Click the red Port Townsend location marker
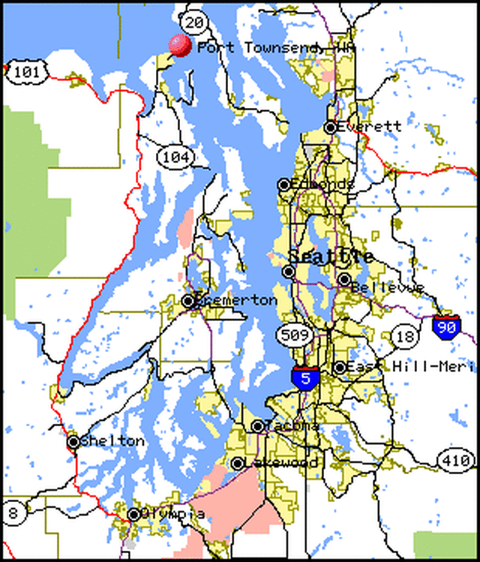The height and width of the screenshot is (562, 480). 180,45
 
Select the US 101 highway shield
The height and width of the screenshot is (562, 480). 27,73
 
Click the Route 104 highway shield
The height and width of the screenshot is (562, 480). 175,157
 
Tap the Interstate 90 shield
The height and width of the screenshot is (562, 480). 447,327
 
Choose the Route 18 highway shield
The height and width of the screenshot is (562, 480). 406,335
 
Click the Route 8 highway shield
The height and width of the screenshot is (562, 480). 13,514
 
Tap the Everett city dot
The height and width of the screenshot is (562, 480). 331,128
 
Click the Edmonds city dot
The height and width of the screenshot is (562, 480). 284,185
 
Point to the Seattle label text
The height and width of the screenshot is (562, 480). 331,256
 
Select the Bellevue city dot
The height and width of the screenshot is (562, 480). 344,280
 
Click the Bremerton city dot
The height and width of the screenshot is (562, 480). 188,301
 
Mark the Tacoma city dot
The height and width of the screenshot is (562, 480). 258,426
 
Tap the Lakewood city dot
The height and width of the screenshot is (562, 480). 238,464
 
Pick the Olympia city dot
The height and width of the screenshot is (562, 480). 133,515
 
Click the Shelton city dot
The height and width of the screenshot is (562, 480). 73,442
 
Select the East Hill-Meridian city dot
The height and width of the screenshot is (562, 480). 340,368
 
